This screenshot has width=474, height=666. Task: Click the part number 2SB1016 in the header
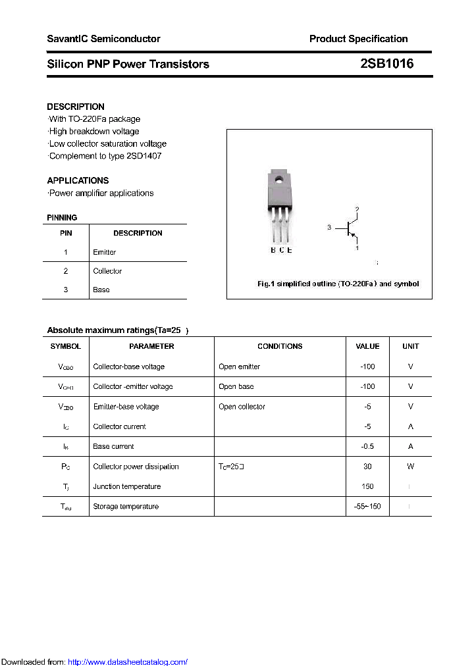(x=386, y=64)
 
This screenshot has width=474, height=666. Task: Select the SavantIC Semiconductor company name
(x=103, y=39)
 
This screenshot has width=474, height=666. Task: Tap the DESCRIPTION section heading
(x=76, y=107)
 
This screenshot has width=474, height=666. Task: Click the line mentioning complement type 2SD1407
(x=105, y=156)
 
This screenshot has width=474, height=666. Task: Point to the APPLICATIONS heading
(x=78, y=180)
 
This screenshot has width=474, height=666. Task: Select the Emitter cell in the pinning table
(x=105, y=252)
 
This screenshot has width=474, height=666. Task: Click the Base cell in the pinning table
(x=101, y=290)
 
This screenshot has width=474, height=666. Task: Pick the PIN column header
(x=66, y=233)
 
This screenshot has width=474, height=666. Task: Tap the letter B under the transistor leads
(x=273, y=250)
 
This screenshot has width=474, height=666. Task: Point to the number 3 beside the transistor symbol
(x=329, y=227)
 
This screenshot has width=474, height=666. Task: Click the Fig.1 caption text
(x=338, y=284)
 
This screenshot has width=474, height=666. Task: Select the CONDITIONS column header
(x=280, y=346)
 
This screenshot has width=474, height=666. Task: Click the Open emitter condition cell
(x=239, y=367)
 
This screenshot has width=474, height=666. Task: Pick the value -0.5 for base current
(x=367, y=446)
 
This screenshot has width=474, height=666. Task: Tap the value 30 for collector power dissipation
(x=367, y=467)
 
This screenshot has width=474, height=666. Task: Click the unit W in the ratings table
(x=410, y=467)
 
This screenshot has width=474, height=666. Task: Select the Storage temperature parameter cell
(x=126, y=507)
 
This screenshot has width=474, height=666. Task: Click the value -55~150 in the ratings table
(x=367, y=507)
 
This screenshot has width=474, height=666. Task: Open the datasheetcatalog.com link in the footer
(x=128, y=662)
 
